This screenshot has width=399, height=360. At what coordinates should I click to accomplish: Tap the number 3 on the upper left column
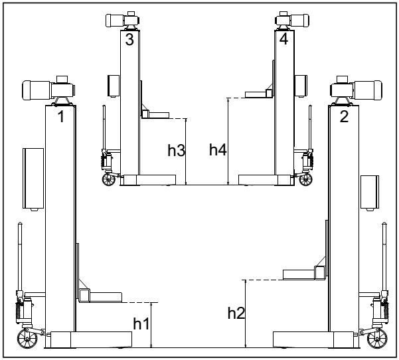129,39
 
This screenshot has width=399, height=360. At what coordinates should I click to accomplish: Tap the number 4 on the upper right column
284,39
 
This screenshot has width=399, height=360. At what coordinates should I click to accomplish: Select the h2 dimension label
236,312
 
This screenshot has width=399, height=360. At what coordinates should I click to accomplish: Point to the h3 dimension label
175,150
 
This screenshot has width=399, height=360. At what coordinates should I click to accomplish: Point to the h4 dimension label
218,150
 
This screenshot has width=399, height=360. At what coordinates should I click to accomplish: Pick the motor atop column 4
294,20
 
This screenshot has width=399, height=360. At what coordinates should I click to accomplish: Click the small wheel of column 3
108,178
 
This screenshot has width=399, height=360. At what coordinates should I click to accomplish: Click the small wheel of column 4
306,178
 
